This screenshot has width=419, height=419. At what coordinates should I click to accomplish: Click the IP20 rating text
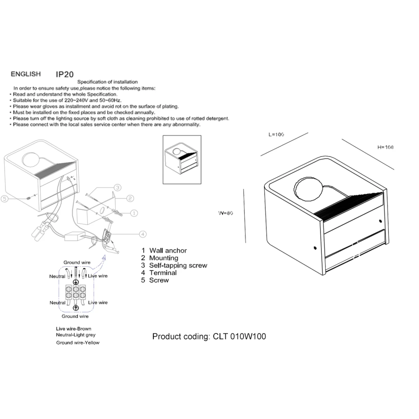pos(65,74)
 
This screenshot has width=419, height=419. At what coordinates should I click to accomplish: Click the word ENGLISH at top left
pos(26,74)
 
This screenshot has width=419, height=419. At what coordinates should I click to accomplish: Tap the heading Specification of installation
pos(108,82)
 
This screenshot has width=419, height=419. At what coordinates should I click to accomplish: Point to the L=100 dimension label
pos(276,134)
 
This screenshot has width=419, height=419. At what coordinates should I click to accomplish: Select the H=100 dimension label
pos(385,147)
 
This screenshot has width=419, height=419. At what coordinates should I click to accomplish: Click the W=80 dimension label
pos(226,213)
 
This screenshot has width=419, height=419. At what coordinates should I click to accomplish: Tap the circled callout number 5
pos(4,199)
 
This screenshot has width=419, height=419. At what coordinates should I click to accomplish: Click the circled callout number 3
pos(117,187)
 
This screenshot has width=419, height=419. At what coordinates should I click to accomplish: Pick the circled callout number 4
pos(142,234)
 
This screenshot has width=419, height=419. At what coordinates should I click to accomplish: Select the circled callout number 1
pos(134,213)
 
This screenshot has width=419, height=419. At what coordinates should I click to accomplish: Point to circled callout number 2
pos(130,199)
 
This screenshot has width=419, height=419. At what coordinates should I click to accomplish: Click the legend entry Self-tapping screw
pos(178,265)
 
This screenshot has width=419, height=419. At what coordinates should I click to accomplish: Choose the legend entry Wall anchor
pos(168,251)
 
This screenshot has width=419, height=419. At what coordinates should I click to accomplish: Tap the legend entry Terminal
pos(163,273)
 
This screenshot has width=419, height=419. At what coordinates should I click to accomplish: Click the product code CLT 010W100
pos(239,336)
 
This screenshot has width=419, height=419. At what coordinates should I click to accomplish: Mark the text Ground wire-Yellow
pos(78,343)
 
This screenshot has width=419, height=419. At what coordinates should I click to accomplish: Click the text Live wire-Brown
pos(73,329)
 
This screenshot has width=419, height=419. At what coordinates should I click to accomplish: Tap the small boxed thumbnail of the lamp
pos(182,160)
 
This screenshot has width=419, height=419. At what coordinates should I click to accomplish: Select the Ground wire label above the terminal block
pos(77,263)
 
